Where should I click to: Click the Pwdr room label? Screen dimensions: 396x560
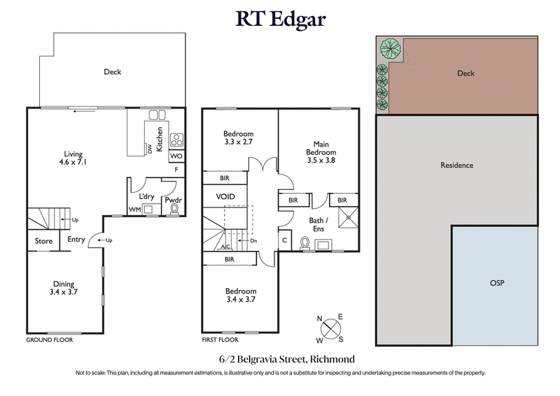pos(173,200)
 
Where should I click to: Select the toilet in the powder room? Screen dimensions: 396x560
pos(173,210)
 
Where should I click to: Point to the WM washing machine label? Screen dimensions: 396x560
pos(134,210)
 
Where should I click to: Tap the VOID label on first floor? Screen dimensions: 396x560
pos(225,197)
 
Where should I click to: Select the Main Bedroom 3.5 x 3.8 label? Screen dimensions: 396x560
pos(320,153)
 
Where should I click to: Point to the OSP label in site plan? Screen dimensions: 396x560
pos(496,284)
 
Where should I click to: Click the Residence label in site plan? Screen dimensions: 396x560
pos(456,165)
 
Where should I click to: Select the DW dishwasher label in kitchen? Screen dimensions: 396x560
pos(149,149)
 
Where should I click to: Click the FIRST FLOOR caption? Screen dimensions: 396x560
pos(220,339)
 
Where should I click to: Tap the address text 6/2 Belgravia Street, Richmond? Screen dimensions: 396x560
pos(280,358)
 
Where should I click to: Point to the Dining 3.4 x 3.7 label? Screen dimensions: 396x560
pos(64,288)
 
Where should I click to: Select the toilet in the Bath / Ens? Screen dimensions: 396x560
pos(305,243)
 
